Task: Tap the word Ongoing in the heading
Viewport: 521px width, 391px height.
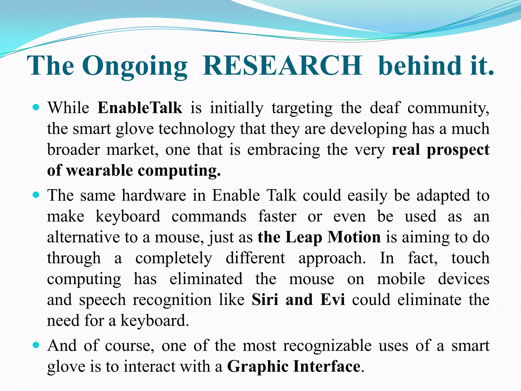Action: [x=135, y=66]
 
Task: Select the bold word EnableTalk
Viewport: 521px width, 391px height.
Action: [x=140, y=108]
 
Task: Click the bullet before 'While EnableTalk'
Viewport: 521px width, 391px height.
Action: [x=36, y=107]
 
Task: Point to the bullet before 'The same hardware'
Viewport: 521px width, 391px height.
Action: [x=36, y=195]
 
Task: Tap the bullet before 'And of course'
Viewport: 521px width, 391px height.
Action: [x=36, y=345]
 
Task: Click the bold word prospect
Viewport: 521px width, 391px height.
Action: [x=458, y=150]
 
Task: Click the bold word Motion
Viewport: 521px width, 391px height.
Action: [x=354, y=237]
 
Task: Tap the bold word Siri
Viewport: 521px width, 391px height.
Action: [x=265, y=300]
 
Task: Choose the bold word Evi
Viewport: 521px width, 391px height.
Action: [x=332, y=300]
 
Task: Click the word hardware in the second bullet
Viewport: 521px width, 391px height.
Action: [x=154, y=195]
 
